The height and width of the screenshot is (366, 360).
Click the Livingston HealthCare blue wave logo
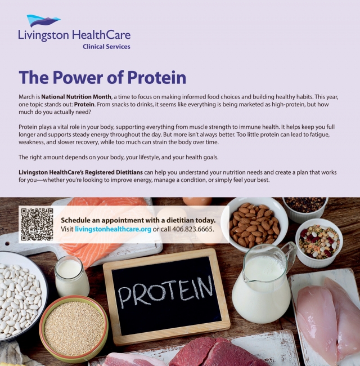point(43,21)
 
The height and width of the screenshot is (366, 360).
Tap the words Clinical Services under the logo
point(106,47)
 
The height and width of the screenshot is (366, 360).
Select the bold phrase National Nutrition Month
point(75,97)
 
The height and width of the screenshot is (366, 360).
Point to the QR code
point(37,224)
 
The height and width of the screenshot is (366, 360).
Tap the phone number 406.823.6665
point(191,229)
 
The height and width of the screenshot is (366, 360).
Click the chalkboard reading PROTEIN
point(166,296)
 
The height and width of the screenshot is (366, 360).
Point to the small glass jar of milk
point(71,276)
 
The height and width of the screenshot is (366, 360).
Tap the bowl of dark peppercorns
point(305,206)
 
